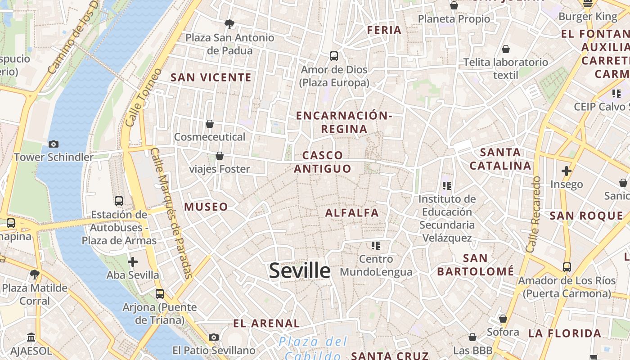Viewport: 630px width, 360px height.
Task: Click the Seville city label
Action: click(x=300, y=271)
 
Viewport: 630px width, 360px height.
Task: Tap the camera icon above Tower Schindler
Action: click(x=54, y=144)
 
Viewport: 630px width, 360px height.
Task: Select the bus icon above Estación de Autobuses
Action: click(x=119, y=201)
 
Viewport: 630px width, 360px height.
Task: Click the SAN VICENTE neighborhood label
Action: click(x=211, y=77)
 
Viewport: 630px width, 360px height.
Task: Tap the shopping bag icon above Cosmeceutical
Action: click(x=210, y=123)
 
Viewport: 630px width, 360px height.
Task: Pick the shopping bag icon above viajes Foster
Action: click(x=220, y=156)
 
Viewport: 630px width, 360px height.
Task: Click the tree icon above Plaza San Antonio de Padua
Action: click(x=229, y=24)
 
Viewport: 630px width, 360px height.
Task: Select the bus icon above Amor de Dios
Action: click(x=334, y=56)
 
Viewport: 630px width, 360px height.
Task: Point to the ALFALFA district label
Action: click(x=352, y=212)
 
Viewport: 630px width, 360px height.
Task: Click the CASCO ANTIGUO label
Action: click(x=322, y=162)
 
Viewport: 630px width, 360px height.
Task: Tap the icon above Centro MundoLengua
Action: click(x=376, y=245)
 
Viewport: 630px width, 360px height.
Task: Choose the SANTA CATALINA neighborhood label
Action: click(x=500, y=159)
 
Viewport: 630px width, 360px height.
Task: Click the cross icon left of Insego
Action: click(x=567, y=171)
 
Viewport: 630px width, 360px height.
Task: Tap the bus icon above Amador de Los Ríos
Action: click(x=567, y=267)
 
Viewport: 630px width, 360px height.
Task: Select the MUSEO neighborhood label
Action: click(x=206, y=207)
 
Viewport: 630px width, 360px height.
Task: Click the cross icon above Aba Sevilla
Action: click(x=133, y=261)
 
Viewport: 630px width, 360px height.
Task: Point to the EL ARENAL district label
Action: click(x=266, y=323)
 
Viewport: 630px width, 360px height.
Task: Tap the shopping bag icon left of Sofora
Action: click(x=503, y=319)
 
